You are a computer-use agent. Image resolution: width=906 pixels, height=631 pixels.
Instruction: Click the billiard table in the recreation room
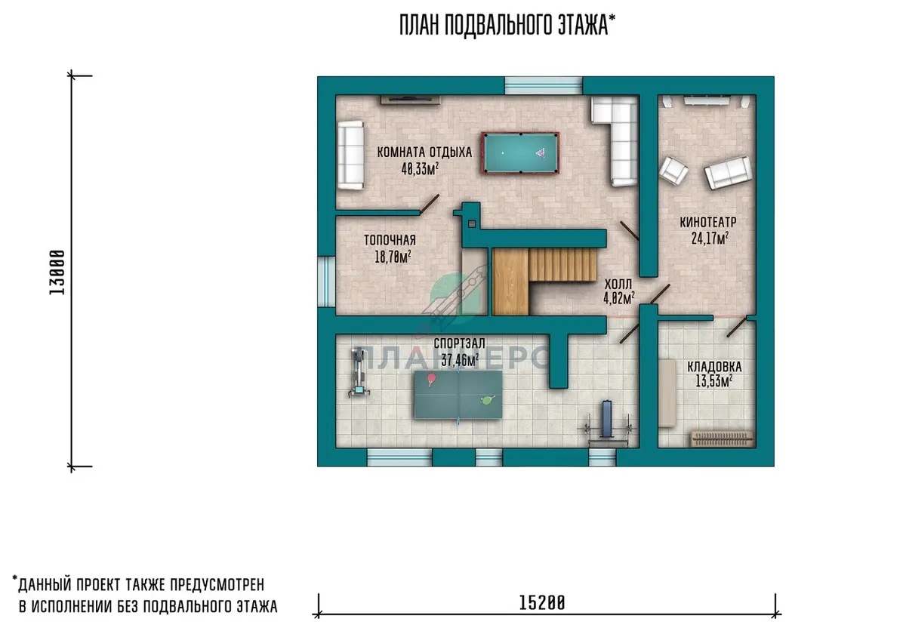[520, 153]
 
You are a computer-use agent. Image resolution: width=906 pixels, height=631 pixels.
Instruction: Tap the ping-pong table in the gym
[458, 395]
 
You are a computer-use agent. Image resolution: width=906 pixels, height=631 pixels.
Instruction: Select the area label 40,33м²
[420, 169]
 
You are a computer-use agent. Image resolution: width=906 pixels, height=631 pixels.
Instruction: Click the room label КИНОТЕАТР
[708, 222]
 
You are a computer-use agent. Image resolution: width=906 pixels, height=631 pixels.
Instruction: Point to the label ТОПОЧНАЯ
[390, 240]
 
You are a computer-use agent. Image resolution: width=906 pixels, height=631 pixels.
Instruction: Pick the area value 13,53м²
[714, 380]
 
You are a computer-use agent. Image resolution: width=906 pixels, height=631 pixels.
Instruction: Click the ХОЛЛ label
[618, 284]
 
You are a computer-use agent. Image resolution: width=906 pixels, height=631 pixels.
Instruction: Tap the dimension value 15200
[541, 604]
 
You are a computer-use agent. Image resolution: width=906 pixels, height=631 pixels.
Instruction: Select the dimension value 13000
[57, 272]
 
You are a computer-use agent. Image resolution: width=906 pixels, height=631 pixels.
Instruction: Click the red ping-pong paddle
[431, 379]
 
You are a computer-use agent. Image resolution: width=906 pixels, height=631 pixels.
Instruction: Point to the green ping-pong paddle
[488, 400]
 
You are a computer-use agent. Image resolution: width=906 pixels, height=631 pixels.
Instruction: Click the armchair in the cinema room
[673, 171]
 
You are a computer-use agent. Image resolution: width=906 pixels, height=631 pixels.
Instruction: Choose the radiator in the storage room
[722, 438]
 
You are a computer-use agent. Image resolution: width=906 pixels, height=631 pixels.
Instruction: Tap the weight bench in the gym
[608, 423]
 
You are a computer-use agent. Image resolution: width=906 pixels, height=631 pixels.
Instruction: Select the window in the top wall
[544, 86]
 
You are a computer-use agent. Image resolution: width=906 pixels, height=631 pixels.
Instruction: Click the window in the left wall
[326, 282]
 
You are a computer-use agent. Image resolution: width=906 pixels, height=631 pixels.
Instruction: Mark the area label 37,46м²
[460, 359]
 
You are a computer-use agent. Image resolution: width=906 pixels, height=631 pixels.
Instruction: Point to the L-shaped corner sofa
[615, 140]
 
